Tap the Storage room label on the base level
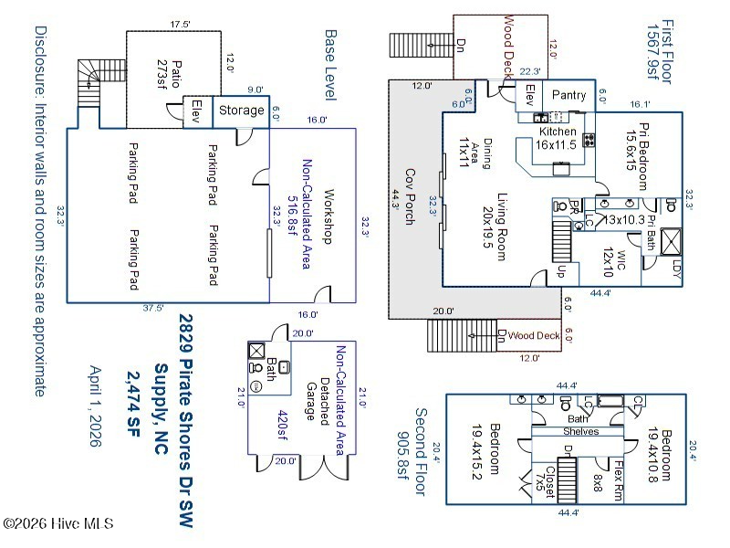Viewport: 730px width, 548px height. click(242, 111)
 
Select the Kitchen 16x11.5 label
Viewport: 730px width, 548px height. click(558, 138)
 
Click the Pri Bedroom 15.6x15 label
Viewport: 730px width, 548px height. click(636, 146)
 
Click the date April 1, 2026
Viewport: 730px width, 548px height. click(95, 406)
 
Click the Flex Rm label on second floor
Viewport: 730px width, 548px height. click(618, 476)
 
